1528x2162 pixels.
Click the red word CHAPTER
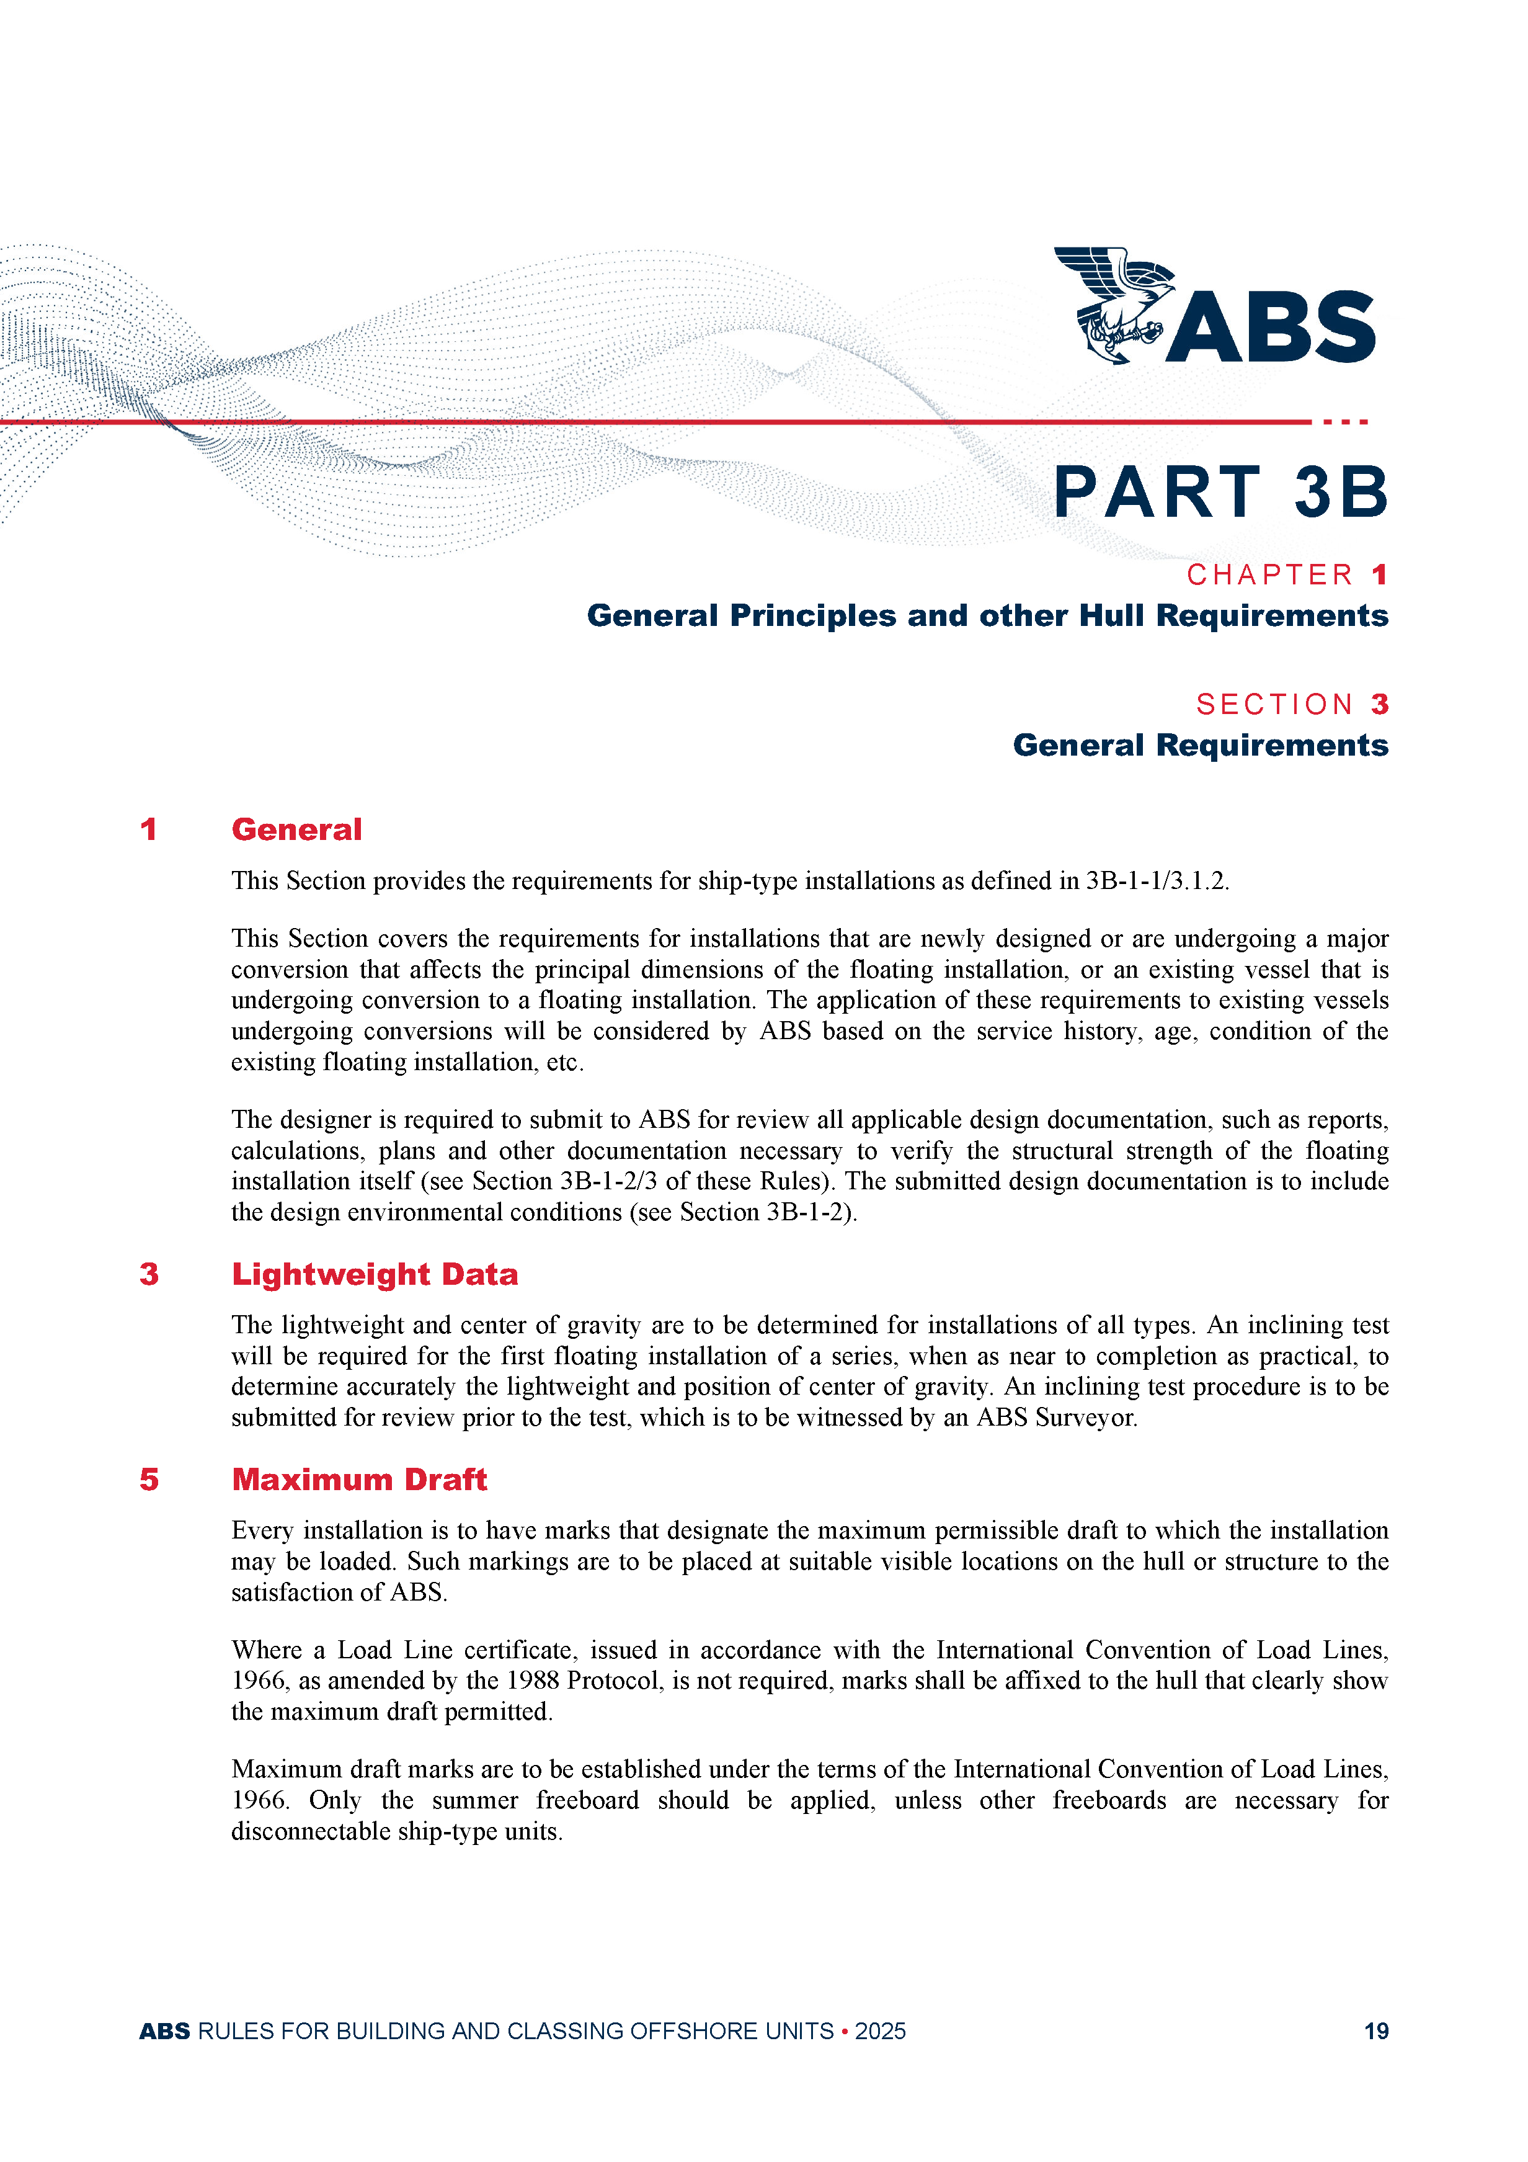[1269, 574]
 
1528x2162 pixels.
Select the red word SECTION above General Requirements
[1275, 704]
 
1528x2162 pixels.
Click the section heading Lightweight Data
[375, 1274]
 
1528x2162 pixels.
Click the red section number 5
[149, 1480]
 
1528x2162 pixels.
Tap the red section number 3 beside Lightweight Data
[149, 1274]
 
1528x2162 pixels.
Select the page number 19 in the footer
[1375, 2031]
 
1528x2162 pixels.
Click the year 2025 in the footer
[880, 2031]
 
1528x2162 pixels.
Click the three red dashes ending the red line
[1345, 422]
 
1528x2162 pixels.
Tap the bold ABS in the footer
[165, 2031]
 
